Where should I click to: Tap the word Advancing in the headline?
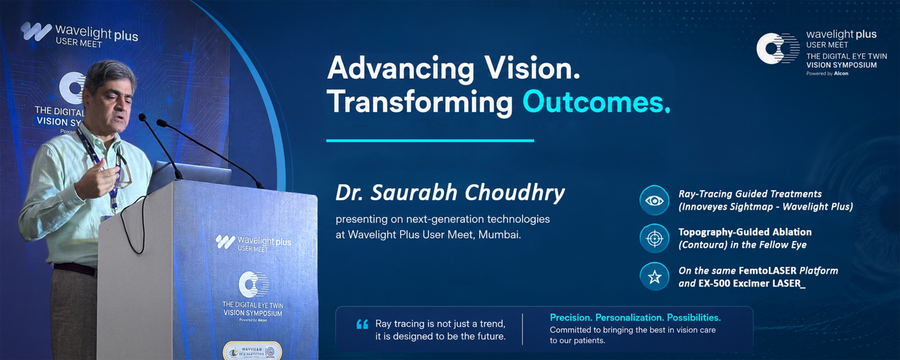click(401, 68)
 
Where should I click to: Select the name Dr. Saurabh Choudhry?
click(450, 193)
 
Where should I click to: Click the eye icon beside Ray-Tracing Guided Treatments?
click(654, 201)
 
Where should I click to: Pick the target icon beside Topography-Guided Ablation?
click(654, 239)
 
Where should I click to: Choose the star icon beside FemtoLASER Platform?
click(654, 277)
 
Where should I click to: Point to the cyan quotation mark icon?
click(362, 324)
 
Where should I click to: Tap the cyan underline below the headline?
click(430, 140)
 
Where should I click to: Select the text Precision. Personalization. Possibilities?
click(635, 318)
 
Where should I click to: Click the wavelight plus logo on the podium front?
click(253, 243)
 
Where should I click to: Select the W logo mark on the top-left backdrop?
click(36, 31)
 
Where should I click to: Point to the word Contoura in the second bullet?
click(703, 245)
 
